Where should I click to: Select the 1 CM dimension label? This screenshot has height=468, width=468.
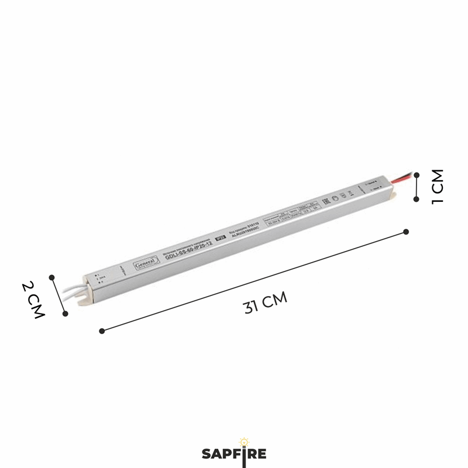[x=438, y=186]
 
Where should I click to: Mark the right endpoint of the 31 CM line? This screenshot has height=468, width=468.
[x=406, y=232]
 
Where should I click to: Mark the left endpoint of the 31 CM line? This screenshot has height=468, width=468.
[x=102, y=331]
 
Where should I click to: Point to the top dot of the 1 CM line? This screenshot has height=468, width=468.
[x=417, y=174]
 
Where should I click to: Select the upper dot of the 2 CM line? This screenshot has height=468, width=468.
[x=52, y=277]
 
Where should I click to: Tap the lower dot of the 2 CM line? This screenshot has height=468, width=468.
[x=65, y=314]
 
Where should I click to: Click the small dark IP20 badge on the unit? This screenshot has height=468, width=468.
[x=221, y=238]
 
